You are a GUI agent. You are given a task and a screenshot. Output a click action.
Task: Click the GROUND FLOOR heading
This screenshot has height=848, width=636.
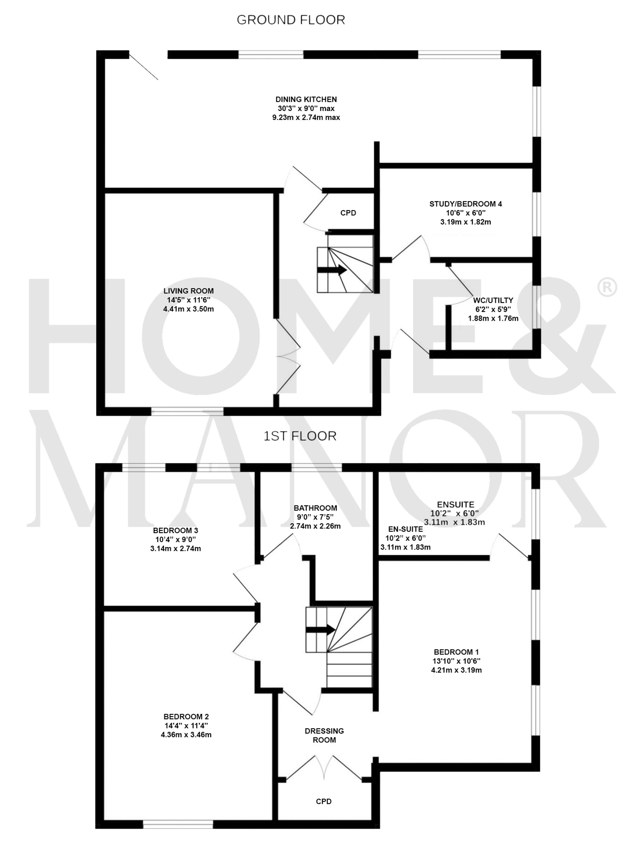click(290, 20)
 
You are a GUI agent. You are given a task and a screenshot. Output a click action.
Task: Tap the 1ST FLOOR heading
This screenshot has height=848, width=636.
click(300, 436)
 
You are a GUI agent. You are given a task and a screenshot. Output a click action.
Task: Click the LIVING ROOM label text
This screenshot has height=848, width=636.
click(188, 291)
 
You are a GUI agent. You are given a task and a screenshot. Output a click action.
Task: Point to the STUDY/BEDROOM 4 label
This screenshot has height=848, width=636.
click(465, 204)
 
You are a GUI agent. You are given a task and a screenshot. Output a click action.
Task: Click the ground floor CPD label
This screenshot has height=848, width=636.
click(348, 213)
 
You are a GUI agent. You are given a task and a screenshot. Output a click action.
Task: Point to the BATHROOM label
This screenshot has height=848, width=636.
click(315, 508)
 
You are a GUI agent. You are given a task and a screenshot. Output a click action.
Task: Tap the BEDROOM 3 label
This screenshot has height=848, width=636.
click(175, 530)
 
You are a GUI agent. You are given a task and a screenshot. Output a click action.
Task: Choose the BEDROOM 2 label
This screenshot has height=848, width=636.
click(186, 716)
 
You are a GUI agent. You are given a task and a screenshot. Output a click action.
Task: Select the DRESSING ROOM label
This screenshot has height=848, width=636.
click(324, 735)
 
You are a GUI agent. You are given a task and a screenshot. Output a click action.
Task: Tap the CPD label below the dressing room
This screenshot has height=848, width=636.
click(323, 801)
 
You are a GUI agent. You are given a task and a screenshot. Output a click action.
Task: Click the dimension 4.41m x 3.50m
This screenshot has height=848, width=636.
click(188, 309)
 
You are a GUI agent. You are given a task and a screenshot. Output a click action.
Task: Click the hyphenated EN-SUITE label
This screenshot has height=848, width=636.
click(405, 529)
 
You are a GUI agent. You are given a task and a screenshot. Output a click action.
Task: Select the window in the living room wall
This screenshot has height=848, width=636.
click(187, 412)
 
